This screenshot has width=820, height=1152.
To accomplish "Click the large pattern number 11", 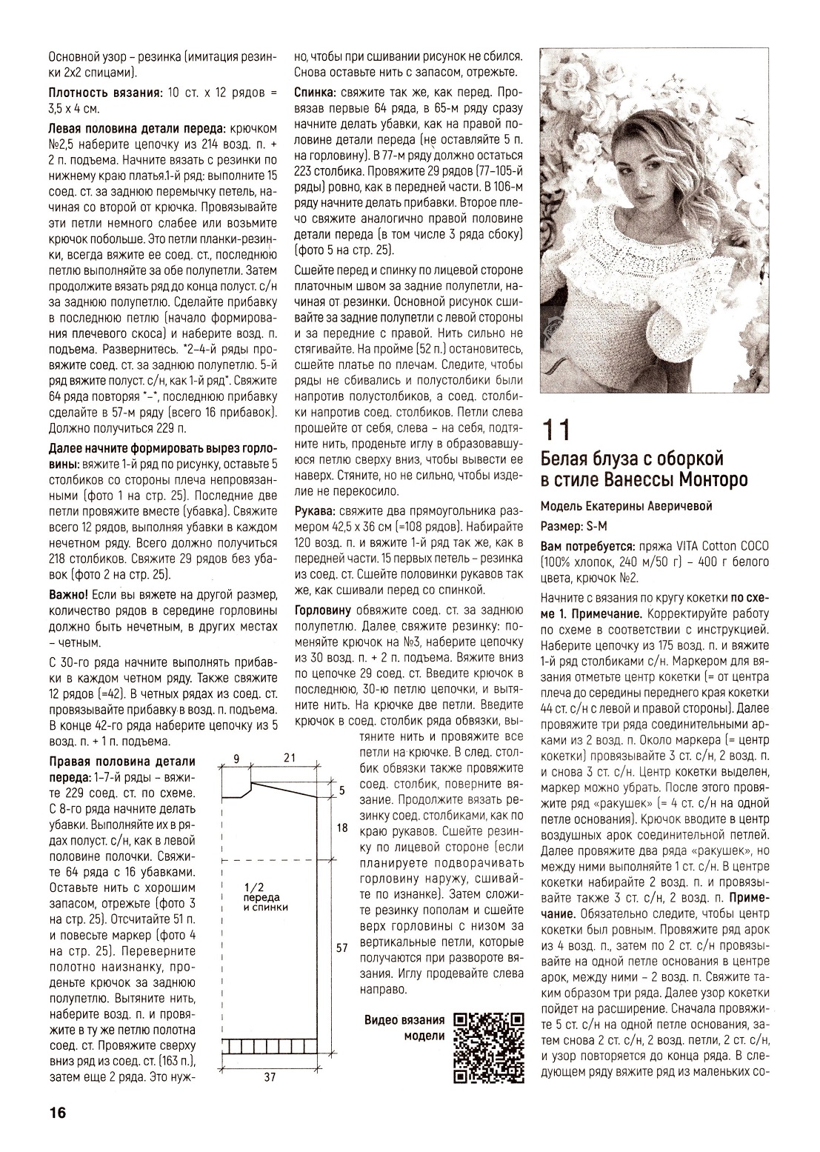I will [x=557, y=432].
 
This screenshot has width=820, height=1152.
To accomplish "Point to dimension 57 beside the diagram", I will [x=341, y=948].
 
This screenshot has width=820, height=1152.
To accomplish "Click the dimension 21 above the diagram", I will [x=290, y=757].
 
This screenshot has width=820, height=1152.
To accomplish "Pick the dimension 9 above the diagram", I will [x=236, y=757].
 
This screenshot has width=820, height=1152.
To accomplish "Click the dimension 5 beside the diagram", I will [x=341, y=790].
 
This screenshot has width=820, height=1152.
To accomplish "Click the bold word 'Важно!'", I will [x=69, y=594].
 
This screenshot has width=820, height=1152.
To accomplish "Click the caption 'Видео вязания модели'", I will [x=405, y=1028].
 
